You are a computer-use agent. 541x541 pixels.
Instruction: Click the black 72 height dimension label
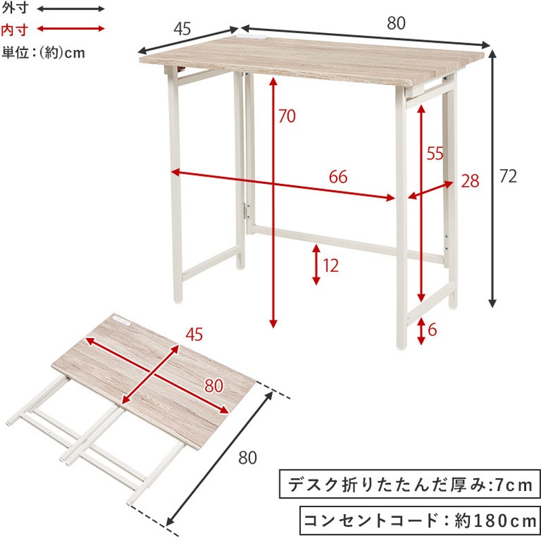(508, 177)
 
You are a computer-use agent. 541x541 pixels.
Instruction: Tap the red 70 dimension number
(287, 116)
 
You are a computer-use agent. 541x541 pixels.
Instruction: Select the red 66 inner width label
(338, 177)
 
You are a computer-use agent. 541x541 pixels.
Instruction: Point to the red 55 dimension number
(435, 154)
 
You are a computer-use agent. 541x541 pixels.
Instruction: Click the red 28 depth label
(470, 181)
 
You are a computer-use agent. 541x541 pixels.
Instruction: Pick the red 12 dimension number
(331, 265)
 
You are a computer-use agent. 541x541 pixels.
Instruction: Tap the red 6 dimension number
(432, 330)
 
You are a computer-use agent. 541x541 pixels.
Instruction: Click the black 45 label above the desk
(182, 29)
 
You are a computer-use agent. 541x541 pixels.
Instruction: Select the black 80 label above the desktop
(396, 23)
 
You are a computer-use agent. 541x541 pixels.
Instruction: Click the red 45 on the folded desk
(194, 334)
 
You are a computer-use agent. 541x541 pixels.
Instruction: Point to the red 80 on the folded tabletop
(214, 385)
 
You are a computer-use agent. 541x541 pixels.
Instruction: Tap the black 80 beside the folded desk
(248, 458)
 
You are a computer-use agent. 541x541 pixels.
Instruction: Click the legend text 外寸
(14, 8)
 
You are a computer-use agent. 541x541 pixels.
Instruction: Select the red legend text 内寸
(14, 30)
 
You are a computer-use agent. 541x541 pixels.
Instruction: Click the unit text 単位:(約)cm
(43, 53)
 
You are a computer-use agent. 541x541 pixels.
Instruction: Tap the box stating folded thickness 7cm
(410, 484)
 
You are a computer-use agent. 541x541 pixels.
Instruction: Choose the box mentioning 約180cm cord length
(420, 520)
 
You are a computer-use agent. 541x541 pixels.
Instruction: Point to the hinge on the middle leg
(247, 211)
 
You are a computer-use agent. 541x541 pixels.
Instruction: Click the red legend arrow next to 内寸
(70, 28)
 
